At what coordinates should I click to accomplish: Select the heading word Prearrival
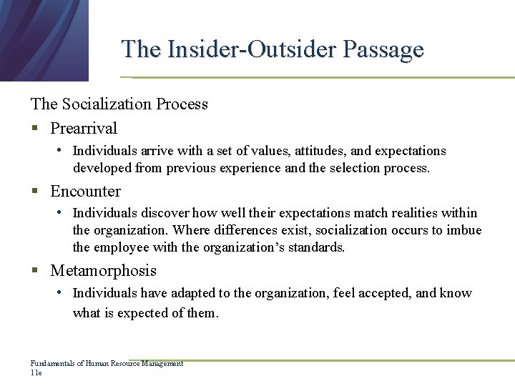(x=84, y=129)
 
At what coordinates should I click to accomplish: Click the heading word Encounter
(x=86, y=192)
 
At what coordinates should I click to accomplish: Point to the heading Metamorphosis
(x=103, y=271)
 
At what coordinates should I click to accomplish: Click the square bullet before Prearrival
(x=34, y=129)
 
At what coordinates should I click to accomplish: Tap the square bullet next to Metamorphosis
(x=34, y=272)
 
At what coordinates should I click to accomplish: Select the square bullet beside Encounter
(x=34, y=192)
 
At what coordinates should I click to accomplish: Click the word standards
(x=319, y=248)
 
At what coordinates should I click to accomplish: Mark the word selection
(x=354, y=169)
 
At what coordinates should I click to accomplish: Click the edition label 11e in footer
(x=36, y=372)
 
